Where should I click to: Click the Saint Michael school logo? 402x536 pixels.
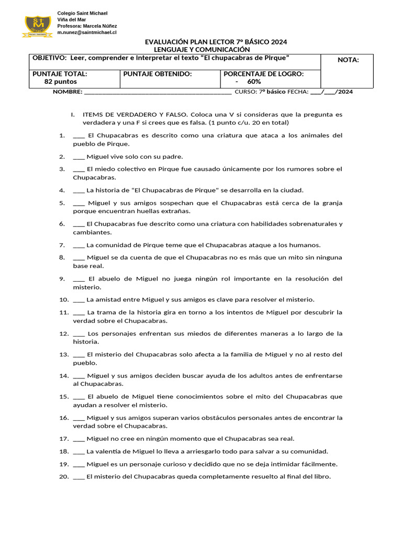tap(37, 26)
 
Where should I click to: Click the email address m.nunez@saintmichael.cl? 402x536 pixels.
tap(86, 32)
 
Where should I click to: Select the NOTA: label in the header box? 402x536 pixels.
tap(348, 60)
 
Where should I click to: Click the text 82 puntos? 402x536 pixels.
tap(60, 82)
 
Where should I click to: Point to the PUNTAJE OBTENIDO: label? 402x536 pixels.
tap(158, 74)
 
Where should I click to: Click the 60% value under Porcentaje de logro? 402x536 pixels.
tap(254, 82)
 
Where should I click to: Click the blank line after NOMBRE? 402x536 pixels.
tap(157, 92)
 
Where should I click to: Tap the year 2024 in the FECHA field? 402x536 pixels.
tap(345, 92)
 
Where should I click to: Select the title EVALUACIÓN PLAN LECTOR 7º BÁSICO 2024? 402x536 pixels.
tap(216, 42)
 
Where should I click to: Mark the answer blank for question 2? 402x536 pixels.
tap(79, 157)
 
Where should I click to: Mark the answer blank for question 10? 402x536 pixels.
tap(79, 300)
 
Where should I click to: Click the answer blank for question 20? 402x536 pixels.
tap(79, 477)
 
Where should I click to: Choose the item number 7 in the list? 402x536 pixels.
tap(61, 245)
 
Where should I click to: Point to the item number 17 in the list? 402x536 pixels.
tap(63, 439)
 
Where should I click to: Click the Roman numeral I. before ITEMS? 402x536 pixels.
tap(73, 114)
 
